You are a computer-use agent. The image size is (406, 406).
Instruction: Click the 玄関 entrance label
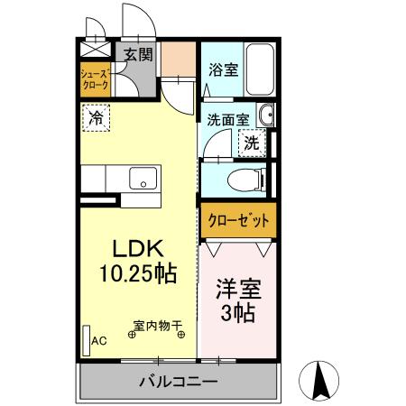point(137,54)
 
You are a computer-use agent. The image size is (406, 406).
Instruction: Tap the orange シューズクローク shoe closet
point(95,79)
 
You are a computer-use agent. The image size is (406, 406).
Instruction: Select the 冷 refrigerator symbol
point(95,116)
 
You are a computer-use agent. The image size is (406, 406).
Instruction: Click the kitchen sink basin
point(142,178)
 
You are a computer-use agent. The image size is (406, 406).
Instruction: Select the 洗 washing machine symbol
point(251,142)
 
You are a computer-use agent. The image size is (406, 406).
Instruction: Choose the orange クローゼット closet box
point(236,220)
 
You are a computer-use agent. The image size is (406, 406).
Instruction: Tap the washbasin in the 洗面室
point(264,116)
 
